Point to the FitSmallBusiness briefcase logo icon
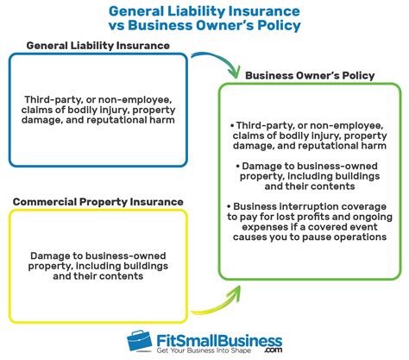[x=140, y=338]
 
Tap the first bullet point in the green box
[x=232, y=125]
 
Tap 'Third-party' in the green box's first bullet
[x=264, y=125]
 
